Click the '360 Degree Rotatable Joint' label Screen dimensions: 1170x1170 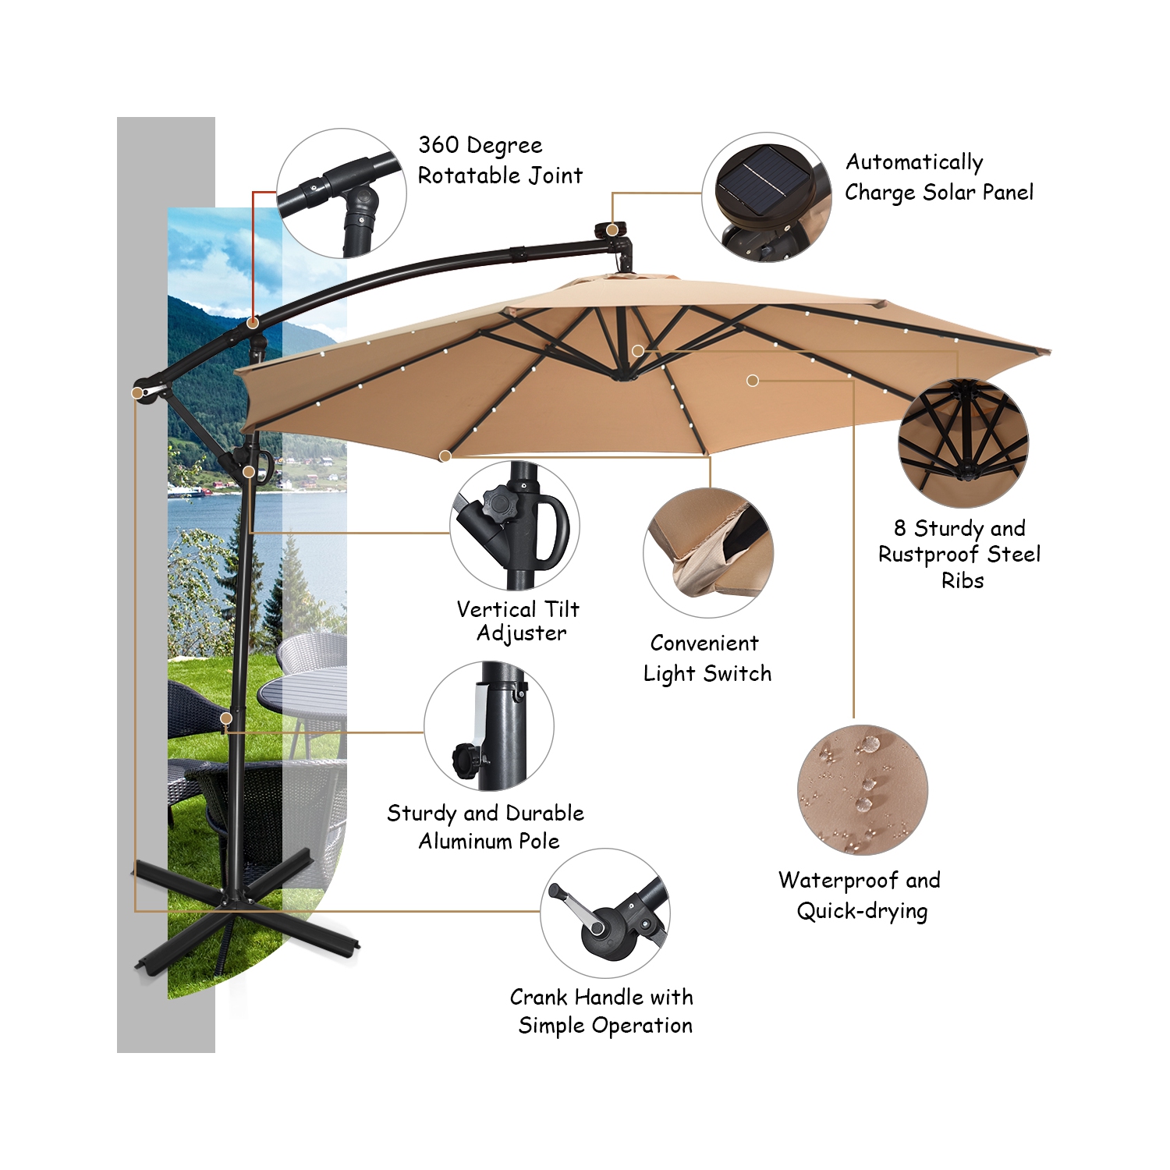(499, 160)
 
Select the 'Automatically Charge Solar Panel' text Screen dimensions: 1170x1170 (938, 177)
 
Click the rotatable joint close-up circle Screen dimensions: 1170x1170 (342, 193)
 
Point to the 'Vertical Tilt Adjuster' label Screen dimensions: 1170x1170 (519, 621)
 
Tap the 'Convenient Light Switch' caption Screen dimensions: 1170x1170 (707, 658)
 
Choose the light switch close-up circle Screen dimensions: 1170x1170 (708, 553)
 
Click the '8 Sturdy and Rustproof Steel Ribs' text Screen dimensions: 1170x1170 (960, 554)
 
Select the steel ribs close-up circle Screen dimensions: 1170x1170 (963, 443)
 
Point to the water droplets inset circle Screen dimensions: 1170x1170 (863, 789)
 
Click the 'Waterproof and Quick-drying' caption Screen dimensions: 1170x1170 (860, 895)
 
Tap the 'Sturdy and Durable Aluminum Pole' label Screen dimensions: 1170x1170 (486, 827)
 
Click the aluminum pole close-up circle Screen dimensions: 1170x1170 (489, 726)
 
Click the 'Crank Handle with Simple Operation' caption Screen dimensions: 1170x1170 (602, 1011)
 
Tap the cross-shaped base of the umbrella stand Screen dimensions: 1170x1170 (234, 913)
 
